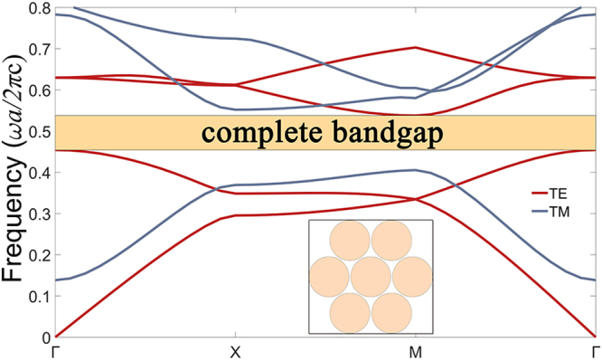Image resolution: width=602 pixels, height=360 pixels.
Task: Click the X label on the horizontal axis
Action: pyautogui.click(x=234, y=351)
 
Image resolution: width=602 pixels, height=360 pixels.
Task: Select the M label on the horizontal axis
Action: pyautogui.click(x=415, y=351)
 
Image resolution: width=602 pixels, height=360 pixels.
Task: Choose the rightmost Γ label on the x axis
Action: pyautogui.click(x=593, y=351)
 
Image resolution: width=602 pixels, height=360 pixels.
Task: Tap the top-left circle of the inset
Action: pyautogui.click(x=349, y=241)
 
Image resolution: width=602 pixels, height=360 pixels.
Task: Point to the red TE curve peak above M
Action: pyautogui.click(x=415, y=47)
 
